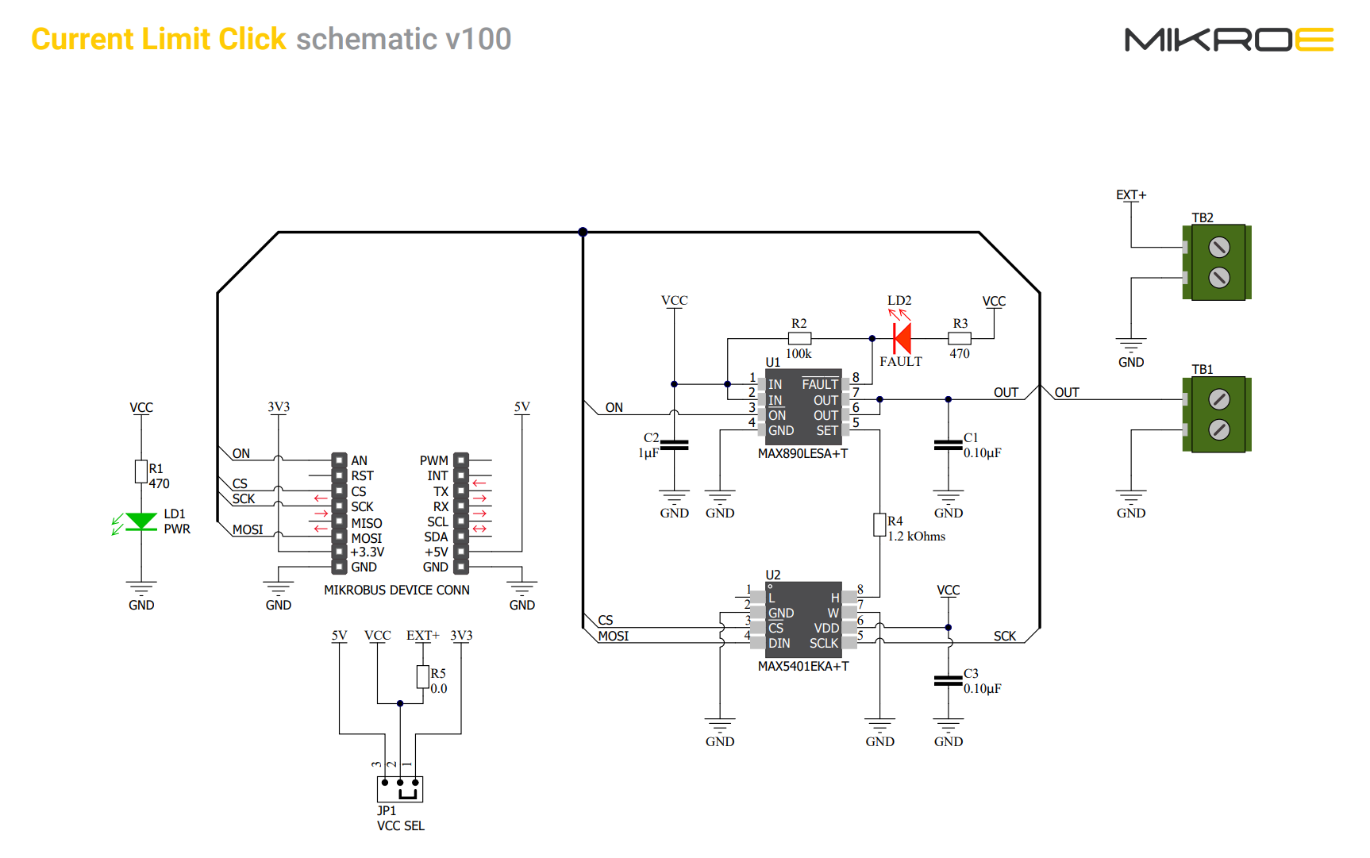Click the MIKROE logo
pos(1229,40)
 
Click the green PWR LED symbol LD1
pos(141,521)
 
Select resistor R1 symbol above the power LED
pos(141,471)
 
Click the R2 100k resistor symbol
pos(799,338)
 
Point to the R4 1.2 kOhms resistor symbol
pos(879,525)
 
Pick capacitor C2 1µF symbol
pos(674,445)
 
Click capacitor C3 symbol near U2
pos(949,680)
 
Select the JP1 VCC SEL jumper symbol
pos(400,789)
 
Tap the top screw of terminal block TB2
pos(1219,248)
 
